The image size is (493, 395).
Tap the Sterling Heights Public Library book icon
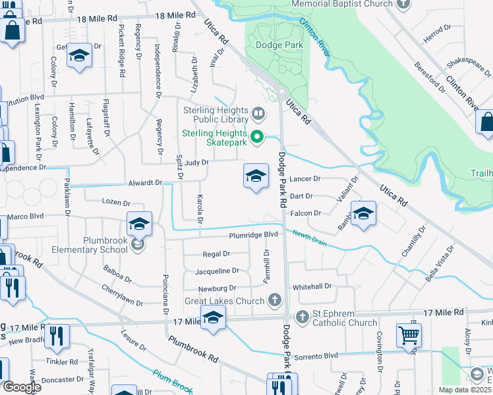tap(258, 115)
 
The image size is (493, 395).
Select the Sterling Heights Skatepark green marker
tap(258, 138)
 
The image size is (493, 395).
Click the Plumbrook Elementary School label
tap(105, 245)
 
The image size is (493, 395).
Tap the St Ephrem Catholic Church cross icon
tap(303, 317)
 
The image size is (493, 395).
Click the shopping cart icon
tap(409, 334)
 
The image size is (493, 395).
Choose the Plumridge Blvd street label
tap(254, 234)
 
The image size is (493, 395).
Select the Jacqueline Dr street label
tap(217, 271)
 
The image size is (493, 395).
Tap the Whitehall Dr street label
tap(312, 287)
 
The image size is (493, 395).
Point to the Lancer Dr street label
tap(304, 178)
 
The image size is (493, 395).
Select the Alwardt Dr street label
tap(145, 183)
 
